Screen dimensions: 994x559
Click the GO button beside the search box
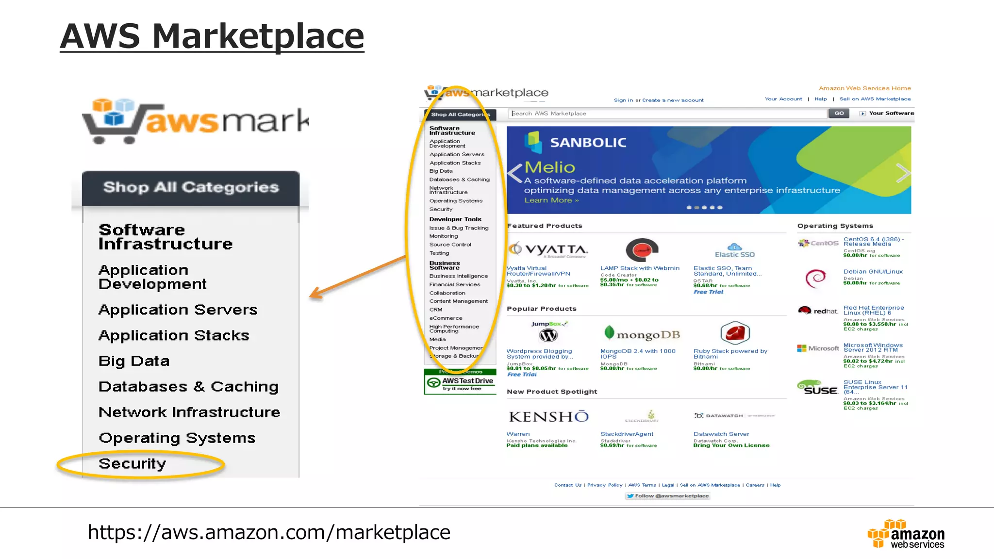pos(839,114)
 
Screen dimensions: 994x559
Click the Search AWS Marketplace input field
pos(667,114)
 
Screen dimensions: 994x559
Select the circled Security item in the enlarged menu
pos(133,464)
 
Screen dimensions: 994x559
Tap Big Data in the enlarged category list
pos(134,361)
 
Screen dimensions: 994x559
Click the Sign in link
pos(623,100)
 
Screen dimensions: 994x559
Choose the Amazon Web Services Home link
pos(864,88)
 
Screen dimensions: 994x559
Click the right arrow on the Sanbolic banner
pos(902,173)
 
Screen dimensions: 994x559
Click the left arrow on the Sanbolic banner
pos(514,173)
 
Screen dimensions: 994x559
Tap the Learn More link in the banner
pos(551,200)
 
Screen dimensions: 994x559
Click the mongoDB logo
pos(642,334)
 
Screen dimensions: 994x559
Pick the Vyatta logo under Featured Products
pos(548,249)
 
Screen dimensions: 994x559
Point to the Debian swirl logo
pos(815,278)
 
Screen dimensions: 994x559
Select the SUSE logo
pos(817,388)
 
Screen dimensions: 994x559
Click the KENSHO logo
pos(548,417)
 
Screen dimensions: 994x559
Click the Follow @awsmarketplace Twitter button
pos(667,496)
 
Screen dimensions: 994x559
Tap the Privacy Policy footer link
pos(604,485)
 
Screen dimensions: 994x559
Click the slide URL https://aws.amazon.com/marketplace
pos(269,532)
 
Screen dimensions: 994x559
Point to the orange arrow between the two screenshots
pos(359,276)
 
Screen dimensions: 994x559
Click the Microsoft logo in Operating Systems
pos(818,348)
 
